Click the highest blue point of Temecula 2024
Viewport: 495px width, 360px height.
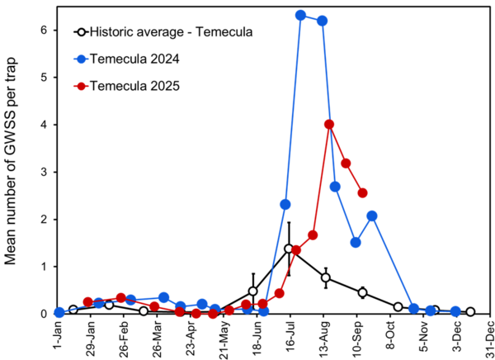pyautogui.click(x=301, y=15)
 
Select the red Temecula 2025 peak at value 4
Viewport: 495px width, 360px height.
pyautogui.click(x=329, y=125)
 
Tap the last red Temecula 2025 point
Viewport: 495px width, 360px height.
pyautogui.click(x=362, y=192)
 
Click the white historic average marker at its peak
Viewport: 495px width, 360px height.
pyautogui.click(x=289, y=249)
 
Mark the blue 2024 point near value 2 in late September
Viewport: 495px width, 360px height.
pyautogui.click(x=372, y=216)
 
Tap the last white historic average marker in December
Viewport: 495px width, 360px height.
pyautogui.click(x=470, y=312)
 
